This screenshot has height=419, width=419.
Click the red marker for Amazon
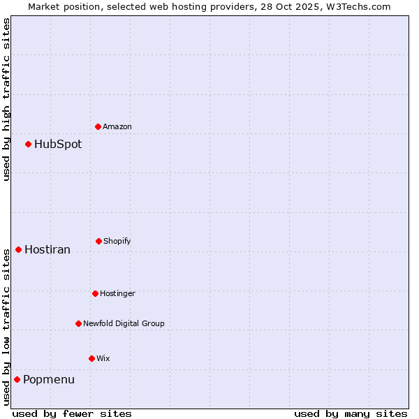coord(98,126)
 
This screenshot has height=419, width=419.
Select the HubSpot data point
coord(28,144)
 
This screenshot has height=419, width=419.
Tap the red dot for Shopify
coord(98,241)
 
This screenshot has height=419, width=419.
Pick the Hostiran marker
coord(18,249)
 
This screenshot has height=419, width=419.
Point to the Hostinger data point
coord(95,293)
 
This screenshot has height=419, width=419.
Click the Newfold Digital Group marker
coord(78,323)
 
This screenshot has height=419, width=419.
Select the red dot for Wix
coord(91,358)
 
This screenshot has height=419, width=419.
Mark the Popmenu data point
coord(17,379)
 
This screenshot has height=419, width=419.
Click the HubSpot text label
coord(58,145)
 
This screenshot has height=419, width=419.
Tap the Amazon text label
coord(117,127)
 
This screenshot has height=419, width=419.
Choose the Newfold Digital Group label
coord(124,324)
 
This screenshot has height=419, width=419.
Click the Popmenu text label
coord(49,380)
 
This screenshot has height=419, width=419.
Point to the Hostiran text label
coord(47,250)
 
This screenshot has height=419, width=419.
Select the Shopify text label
coord(117,242)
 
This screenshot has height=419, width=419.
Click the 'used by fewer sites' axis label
coord(72,413)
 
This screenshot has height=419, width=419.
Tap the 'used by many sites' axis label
coord(351,413)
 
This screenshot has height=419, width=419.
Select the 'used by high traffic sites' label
coord(6,99)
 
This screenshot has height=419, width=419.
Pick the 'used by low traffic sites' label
coord(6,327)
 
